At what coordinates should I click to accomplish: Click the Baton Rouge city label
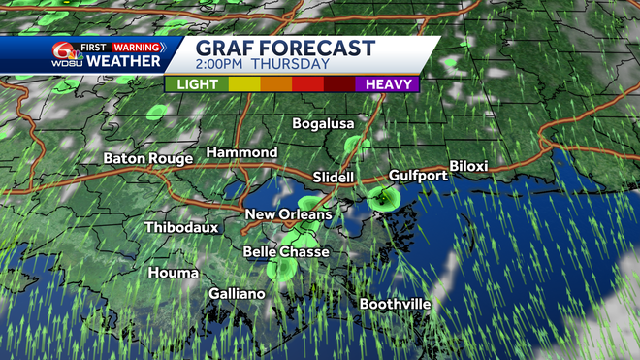(148, 158)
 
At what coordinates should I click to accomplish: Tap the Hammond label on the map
(241, 153)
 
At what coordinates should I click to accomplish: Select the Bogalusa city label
(324, 124)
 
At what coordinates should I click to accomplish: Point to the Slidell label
(335, 178)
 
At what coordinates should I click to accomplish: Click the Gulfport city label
(418, 176)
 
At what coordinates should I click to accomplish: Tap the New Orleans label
(288, 214)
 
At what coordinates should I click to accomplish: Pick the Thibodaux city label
(181, 228)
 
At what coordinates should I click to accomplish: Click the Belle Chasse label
(286, 252)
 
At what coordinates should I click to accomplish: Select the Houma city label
(173, 273)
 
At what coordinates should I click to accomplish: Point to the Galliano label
(237, 293)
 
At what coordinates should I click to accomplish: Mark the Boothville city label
(395, 304)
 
